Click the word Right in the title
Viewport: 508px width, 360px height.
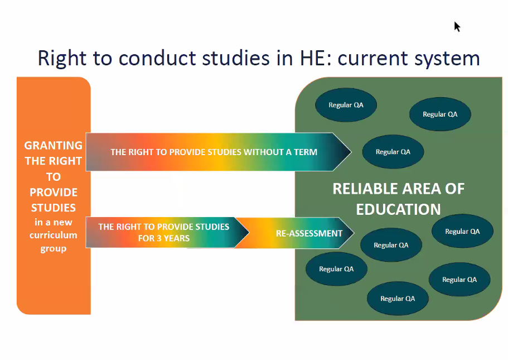62,59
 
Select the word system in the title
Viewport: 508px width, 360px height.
448,59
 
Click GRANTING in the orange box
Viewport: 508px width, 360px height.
54,145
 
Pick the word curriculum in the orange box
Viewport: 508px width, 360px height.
54,235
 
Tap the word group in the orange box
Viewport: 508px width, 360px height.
54,249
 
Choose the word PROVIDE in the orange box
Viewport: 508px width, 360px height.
54,193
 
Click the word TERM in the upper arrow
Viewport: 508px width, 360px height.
306,152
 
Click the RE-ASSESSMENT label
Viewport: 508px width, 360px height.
309,233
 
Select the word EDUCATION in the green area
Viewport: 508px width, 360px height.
399,209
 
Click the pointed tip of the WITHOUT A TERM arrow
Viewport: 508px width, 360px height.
351,152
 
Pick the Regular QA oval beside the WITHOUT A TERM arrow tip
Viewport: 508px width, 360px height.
393,152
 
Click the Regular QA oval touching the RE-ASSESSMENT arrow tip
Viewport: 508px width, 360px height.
391,245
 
